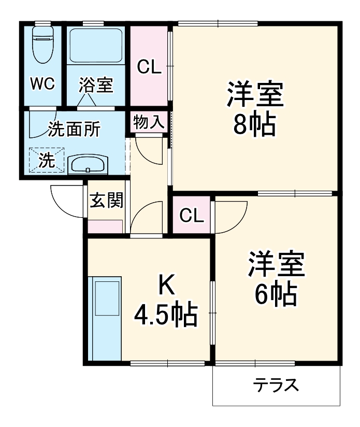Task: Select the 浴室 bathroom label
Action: (x=96, y=85)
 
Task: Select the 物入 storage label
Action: (x=149, y=123)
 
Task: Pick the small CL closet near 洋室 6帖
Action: (x=192, y=215)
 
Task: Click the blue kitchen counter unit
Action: (x=105, y=318)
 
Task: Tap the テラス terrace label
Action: (x=276, y=385)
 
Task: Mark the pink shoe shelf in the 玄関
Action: (x=105, y=226)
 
